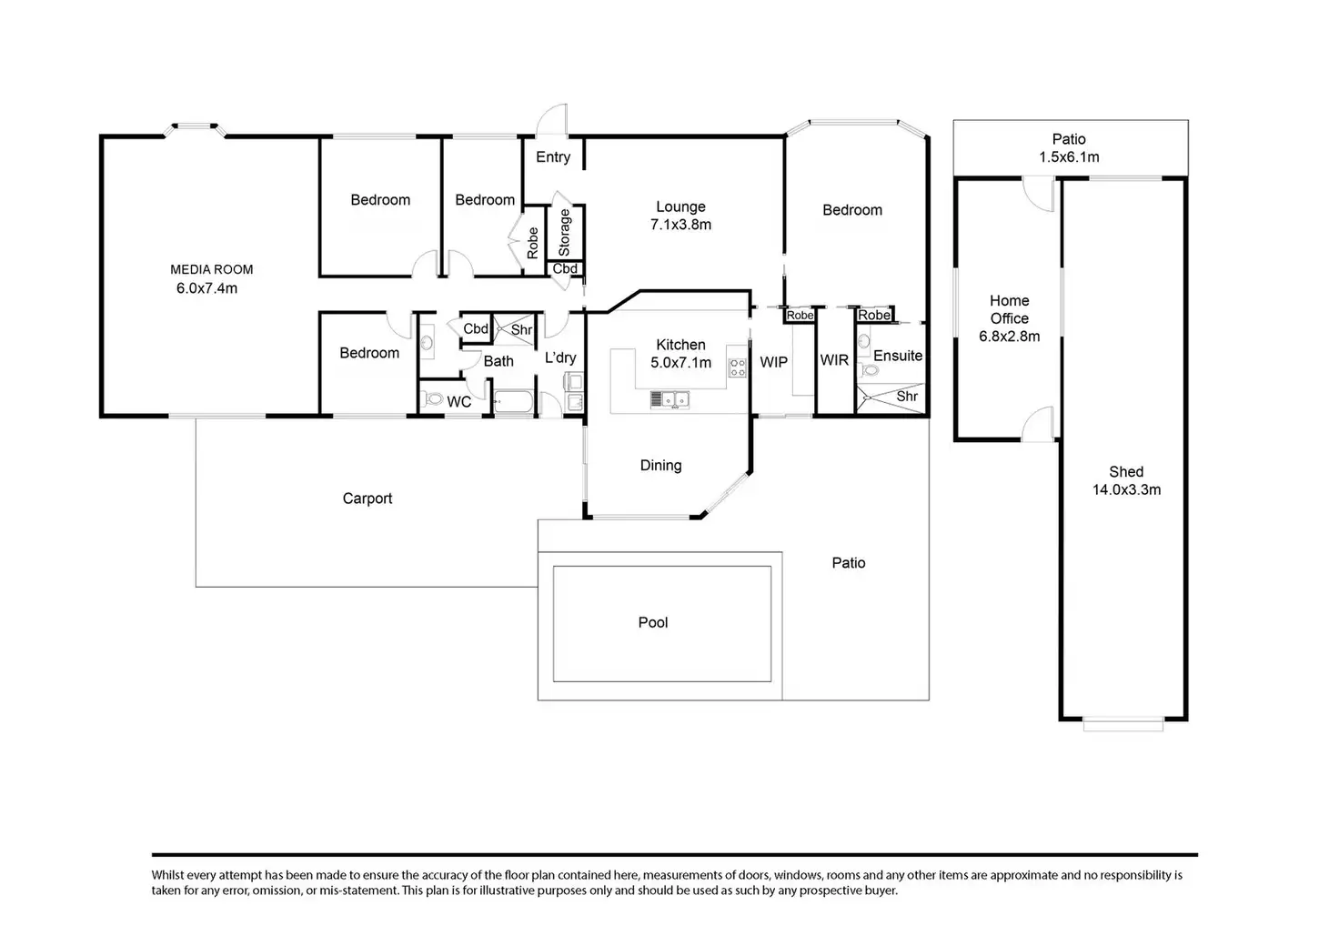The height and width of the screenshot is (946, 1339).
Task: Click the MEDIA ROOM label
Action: coord(212,269)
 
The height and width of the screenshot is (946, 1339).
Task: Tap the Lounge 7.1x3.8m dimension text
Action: coord(680,225)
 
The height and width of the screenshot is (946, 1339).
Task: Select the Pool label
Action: coord(653,622)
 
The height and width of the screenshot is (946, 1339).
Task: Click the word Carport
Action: coord(367,498)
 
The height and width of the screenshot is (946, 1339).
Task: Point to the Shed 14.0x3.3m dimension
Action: coord(1127,490)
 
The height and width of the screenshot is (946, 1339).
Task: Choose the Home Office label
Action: coord(1009,309)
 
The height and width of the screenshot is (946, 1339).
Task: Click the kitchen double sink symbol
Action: coord(669,399)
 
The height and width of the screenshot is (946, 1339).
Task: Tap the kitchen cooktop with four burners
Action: coord(737,367)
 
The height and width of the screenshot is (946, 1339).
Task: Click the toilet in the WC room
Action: coord(431,398)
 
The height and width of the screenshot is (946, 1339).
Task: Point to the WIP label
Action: coord(773,362)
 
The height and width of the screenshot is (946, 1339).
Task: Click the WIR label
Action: coord(834,360)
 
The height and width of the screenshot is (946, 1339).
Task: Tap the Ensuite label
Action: coord(897,357)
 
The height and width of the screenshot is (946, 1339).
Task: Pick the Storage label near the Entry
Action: coord(564,233)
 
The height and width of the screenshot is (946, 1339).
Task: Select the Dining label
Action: coord(660,466)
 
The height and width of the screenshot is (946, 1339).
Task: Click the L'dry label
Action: coord(560,357)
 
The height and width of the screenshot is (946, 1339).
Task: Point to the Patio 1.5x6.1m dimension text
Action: coord(1069,157)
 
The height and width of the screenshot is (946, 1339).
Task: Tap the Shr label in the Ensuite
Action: coord(907,397)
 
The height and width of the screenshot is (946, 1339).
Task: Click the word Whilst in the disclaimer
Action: coord(167,875)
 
